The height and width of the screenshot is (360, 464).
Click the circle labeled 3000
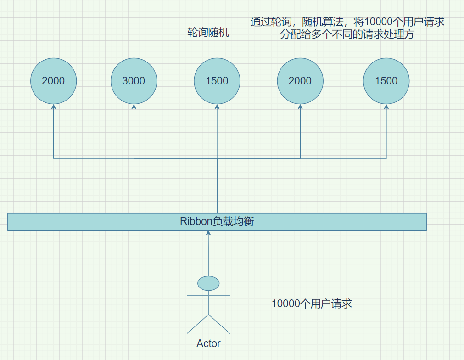pyautogui.click(x=134, y=81)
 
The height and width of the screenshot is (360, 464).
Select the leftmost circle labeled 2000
pyautogui.click(x=53, y=81)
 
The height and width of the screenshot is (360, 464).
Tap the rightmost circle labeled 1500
pyautogui.click(x=386, y=81)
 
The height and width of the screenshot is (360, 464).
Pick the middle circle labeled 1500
pyautogui.click(x=217, y=81)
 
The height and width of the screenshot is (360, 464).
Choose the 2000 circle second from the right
pyautogui.click(x=300, y=81)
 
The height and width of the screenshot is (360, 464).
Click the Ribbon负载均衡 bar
pyautogui.click(x=321, y=221)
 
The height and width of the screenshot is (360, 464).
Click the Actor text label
pyautogui.click(x=208, y=343)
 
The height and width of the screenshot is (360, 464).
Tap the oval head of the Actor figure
pyautogui.click(x=208, y=283)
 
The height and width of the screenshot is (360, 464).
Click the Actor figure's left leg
pyautogui.click(x=198, y=324)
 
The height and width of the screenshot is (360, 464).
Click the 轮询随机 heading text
pyautogui.click(x=208, y=33)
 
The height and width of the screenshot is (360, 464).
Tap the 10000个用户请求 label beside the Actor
pyautogui.click(x=312, y=304)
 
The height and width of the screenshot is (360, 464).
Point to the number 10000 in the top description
pyautogui.click(x=376, y=22)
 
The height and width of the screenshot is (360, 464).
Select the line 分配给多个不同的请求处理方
pyautogui.click(x=347, y=34)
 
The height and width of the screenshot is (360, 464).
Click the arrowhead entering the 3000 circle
pyautogui.click(x=134, y=107)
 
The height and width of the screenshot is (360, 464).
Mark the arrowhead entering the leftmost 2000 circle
pyautogui.click(x=53, y=107)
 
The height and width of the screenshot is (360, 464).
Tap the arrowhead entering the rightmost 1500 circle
pyautogui.click(x=386, y=107)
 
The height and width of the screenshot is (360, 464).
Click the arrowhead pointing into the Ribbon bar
pyautogui.click(x=208, y=233)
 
